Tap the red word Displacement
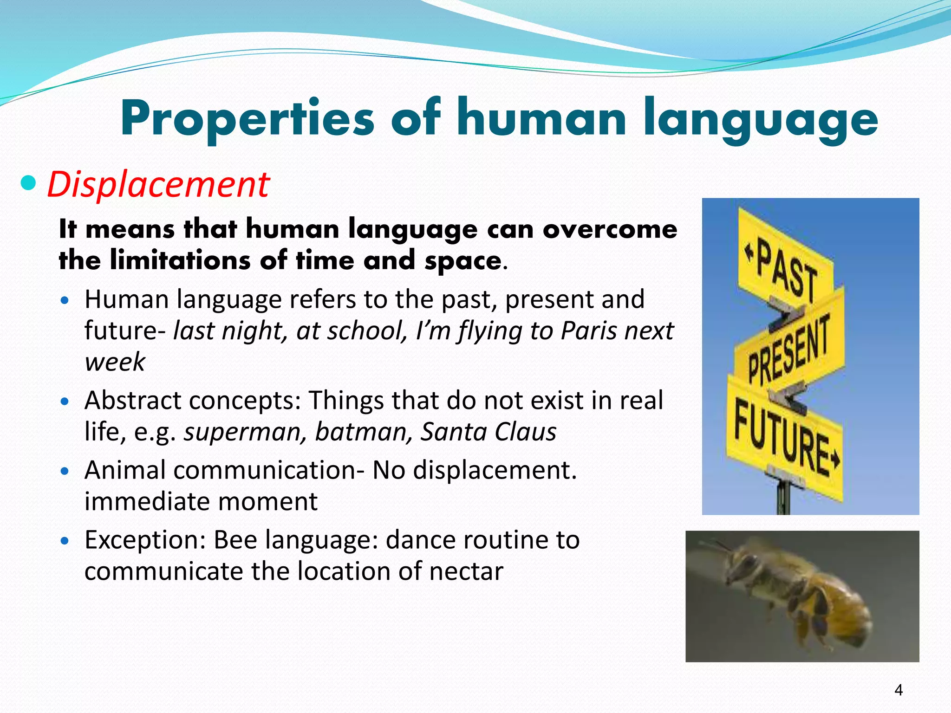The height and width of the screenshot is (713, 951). click(158, 185)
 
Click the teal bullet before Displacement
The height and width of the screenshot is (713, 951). click(29, 183)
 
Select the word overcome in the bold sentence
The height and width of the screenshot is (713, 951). click(610, 229)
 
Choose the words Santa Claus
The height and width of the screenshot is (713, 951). click(488, 432)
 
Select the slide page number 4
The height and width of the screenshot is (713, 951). click(899, 690)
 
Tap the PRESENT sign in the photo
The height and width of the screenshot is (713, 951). click(788, 349)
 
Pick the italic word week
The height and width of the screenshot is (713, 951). click(115, 362)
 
